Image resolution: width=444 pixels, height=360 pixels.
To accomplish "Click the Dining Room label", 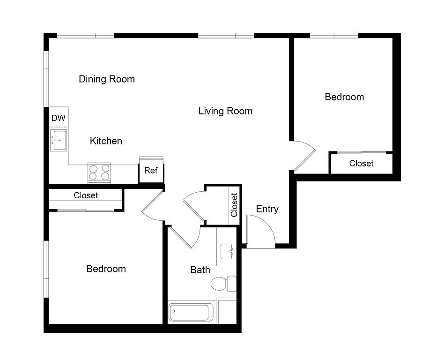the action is tap(107, 79).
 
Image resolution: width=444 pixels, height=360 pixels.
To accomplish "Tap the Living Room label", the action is tap(225, 111).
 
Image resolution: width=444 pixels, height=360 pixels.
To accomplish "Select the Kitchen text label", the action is tap(106, 141).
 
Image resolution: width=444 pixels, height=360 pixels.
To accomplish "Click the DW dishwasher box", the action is tap(59, 118).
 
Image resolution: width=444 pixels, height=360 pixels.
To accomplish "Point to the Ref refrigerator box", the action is tap(151, 170).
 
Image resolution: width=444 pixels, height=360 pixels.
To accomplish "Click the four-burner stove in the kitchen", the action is tap(99, 172).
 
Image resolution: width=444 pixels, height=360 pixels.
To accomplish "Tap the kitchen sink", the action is tap(59, 140).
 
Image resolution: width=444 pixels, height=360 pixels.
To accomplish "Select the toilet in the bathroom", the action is tap(224, 284).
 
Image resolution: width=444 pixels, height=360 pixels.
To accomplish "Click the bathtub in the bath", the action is tap(191, 312).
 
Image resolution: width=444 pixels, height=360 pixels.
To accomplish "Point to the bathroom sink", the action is tap(227, 251).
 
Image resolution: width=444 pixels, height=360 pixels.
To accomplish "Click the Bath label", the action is tap(200, 270).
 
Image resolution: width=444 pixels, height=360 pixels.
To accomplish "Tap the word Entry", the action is tap(267, 209).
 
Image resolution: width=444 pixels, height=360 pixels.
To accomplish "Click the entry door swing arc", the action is tap(267, 224).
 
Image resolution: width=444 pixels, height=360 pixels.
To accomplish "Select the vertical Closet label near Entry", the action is tap(234, 205).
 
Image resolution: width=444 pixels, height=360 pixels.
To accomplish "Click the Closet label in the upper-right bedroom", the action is tap(361, 163).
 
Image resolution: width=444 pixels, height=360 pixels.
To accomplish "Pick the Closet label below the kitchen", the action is tap(86, 195).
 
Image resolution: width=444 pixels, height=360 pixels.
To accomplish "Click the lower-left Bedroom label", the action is tap(106, 269).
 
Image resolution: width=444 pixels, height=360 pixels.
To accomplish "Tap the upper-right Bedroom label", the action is tap(344, 97).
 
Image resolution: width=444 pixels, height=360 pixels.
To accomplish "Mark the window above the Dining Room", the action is tap(86, 36).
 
